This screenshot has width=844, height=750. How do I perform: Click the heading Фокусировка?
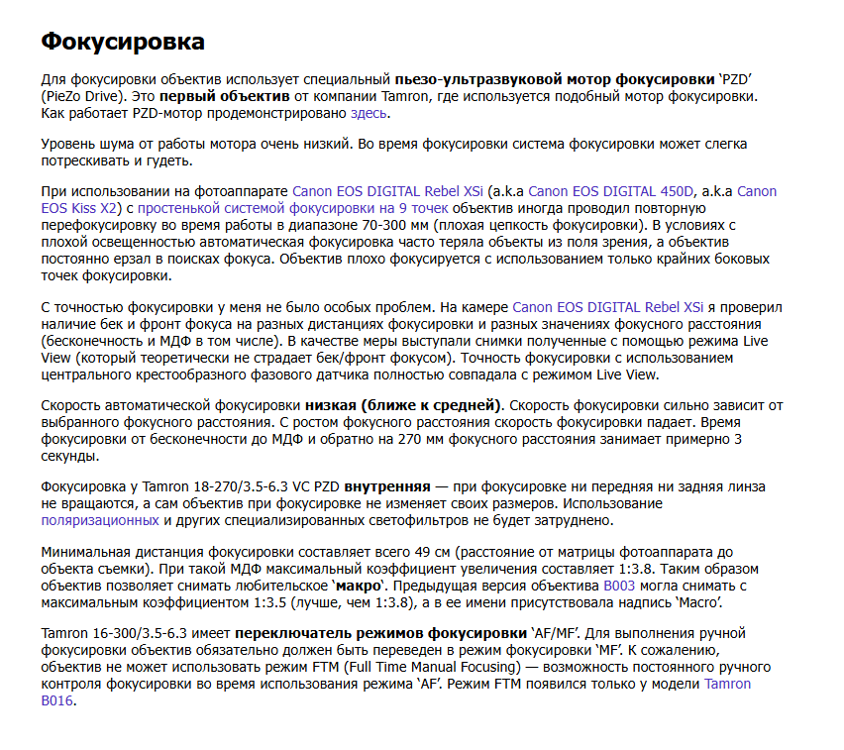pyautogui.click(x=123, y=42)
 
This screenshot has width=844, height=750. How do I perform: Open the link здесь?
pyautogui.click(x=369, y=114)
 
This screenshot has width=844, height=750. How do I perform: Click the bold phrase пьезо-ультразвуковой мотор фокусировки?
pyautogui.click(x=555, y=78)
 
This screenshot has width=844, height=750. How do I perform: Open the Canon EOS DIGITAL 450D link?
pyautogui.click(x=612, y=191)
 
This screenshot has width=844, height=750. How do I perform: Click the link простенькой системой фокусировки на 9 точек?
pyautogui.click(x=292, y=209)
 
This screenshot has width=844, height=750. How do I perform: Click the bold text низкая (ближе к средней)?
pyautogui.click(x=404, y=405)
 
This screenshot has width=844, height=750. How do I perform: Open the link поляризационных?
pyautogui.click(x=99, y=520)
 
